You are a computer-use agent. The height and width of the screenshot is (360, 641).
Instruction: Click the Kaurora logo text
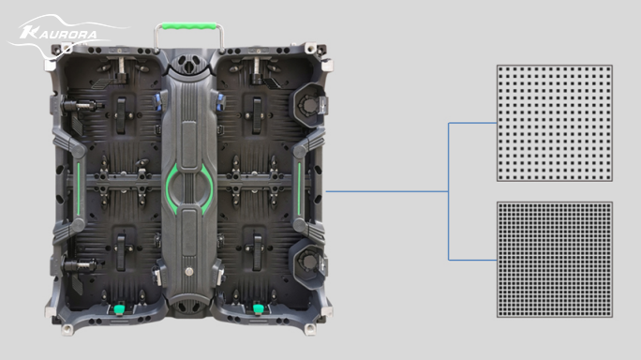coord(59,34)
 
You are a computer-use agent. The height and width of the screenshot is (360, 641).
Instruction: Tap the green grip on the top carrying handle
coord(189,25)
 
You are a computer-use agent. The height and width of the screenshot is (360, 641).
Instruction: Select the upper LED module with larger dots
coord(555,123)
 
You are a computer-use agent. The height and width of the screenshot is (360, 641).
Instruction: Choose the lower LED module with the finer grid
coord(555,260)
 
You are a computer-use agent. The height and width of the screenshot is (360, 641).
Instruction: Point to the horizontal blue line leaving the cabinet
coord(387,191)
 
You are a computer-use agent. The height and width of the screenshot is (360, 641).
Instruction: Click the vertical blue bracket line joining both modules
coord(449,191)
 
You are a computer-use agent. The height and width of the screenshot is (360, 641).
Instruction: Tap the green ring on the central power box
coord(189,188)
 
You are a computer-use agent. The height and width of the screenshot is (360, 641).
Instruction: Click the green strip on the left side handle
coord(79,188)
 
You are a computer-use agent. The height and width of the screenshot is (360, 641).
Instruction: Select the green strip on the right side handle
coord(299,188)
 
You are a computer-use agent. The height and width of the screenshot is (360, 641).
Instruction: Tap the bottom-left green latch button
coord(119,308)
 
